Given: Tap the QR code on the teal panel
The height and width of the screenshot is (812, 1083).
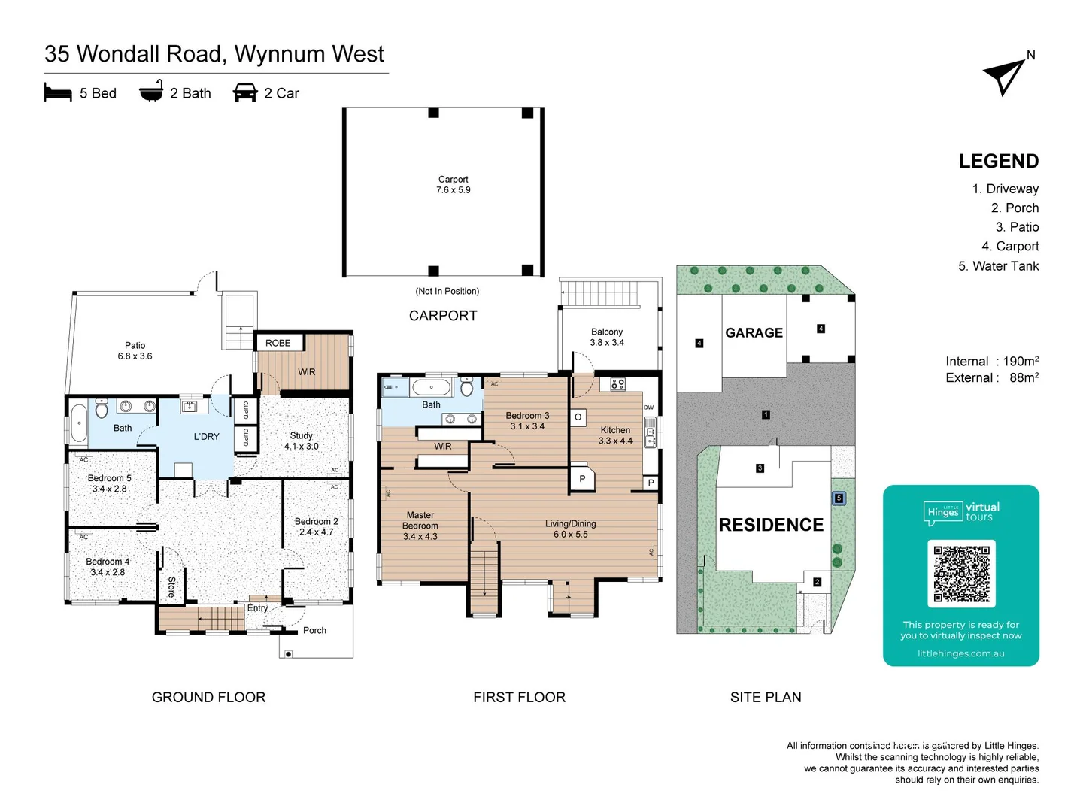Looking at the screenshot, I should [x=961, y=573].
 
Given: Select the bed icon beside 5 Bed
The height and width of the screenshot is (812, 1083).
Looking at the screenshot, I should [x=58, y=92].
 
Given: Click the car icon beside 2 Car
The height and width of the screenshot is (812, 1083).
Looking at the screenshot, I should [x=245, y=92].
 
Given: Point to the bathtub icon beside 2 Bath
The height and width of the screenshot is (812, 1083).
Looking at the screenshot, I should [x=151, y=91].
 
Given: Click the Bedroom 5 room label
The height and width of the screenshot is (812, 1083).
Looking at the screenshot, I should [x=109, y=483].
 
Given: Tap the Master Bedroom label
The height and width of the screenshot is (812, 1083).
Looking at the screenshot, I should [x=420, y=526].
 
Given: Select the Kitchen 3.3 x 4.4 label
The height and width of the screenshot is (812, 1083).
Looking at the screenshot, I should [x=615, y=435].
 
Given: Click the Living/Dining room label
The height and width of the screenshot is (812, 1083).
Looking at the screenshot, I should [x=570, y=529].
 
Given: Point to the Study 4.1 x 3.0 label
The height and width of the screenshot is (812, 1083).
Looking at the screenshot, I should [x=301, y=441].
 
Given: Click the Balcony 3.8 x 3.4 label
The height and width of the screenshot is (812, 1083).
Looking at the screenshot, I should [x=607, y=337].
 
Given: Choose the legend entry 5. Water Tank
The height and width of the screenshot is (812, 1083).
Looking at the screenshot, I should [x=998, y=266].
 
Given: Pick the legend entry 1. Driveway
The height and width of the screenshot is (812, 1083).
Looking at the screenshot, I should [x=1005, y=189].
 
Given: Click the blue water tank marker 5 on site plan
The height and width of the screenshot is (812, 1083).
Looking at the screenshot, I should [x=839, y=498].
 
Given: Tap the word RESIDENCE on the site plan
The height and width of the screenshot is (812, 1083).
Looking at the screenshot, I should [x=771, y=525].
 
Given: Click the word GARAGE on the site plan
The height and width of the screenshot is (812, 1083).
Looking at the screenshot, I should [x=754, y=332].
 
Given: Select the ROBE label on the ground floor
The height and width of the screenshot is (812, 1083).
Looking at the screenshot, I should [x=278, y=343].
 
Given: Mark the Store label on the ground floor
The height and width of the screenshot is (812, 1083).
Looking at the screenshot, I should [x=171, y=586].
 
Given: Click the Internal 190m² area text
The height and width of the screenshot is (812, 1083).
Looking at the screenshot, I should [x=991, y=362].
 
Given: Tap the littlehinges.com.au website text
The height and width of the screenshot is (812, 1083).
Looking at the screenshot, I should [x=960, y=653].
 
